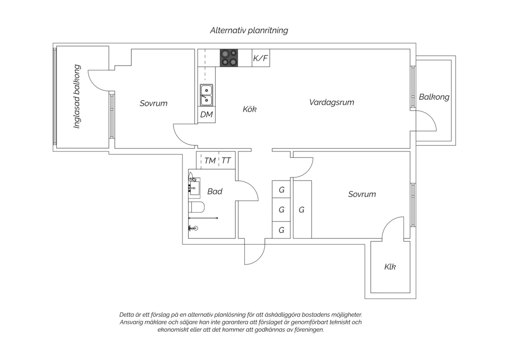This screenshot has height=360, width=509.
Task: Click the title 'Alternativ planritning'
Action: pos(249,31)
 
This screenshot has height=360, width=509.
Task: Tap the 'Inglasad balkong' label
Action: pos(77,96)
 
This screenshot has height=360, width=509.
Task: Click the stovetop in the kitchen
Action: pos(229,58)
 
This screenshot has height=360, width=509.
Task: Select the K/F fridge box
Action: pos(261,58)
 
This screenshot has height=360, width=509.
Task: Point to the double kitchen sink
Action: pos(206,95)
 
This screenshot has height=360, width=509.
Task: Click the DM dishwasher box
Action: pos(206,114)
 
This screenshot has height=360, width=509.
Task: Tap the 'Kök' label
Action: pos(249,109)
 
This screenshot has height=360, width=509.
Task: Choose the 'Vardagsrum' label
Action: pos(332,102)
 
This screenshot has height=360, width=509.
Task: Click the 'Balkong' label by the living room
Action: pos(434,97)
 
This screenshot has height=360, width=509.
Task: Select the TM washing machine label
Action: pos(210,161)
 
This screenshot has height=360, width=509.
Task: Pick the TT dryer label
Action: pos(226,161)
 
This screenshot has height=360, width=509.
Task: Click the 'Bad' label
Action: pos(215,192)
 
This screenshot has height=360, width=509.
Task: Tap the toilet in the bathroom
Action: pos(196,207)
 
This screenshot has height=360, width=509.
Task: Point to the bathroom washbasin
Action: pos(194,186)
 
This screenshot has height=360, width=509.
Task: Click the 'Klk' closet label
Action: pos(390,267)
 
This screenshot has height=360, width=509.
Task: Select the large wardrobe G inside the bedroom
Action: pos(302,210)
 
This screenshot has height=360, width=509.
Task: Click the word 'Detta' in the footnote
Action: pos(127,315)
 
